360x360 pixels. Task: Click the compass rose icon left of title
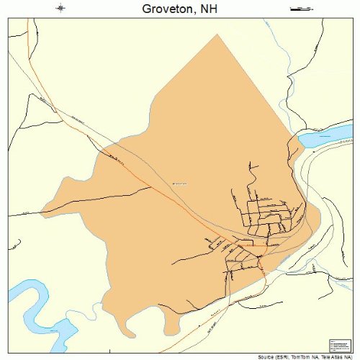pos(61,9)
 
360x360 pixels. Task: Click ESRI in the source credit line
pos(272,356)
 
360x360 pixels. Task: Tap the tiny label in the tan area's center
pos(179,184)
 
